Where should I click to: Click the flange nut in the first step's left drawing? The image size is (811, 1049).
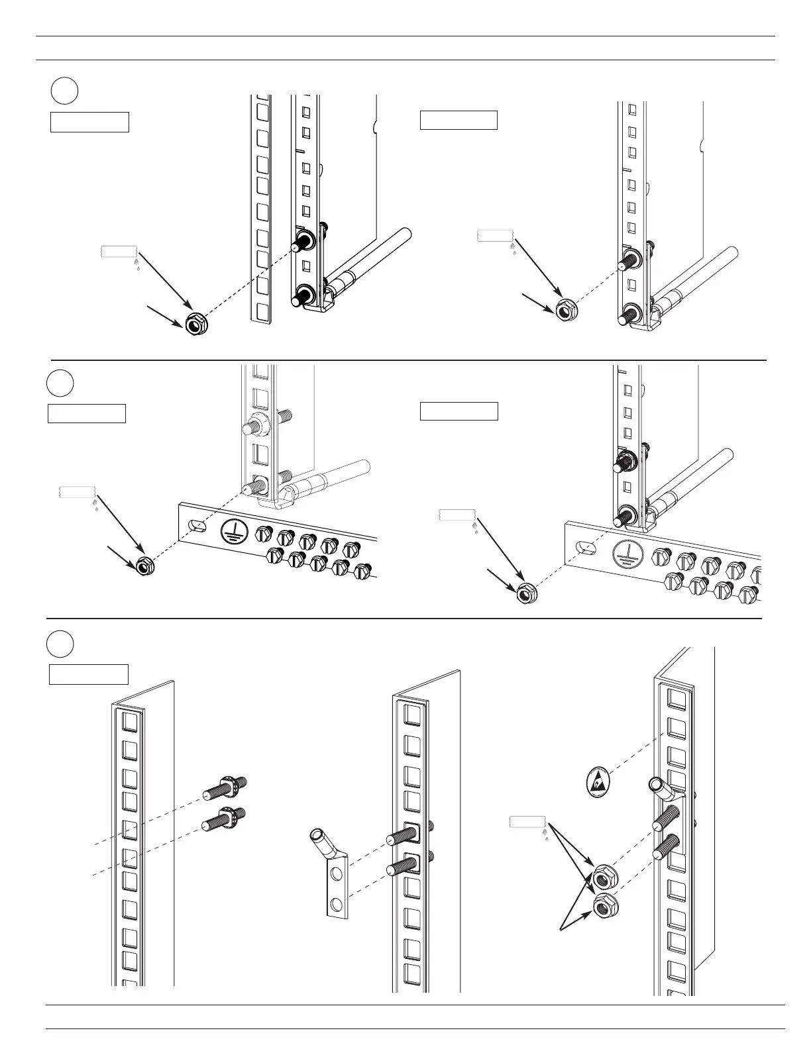[x=195, y=325]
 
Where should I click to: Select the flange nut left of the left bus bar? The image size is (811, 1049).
[x=144, y=566]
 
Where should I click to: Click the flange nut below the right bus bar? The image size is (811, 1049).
[x=526, y=595]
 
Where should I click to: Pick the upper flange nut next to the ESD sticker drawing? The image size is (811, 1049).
[x=603, y=877]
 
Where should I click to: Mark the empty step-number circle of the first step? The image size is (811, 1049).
[x=64, y=91]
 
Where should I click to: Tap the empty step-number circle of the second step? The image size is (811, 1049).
[x=60, y=383]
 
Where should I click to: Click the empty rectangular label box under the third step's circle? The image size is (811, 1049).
[x=89, y=674]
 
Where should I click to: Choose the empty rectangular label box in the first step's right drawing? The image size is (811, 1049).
[x=459, y=120]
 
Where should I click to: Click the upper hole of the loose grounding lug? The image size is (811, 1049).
[x=337, y=875]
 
